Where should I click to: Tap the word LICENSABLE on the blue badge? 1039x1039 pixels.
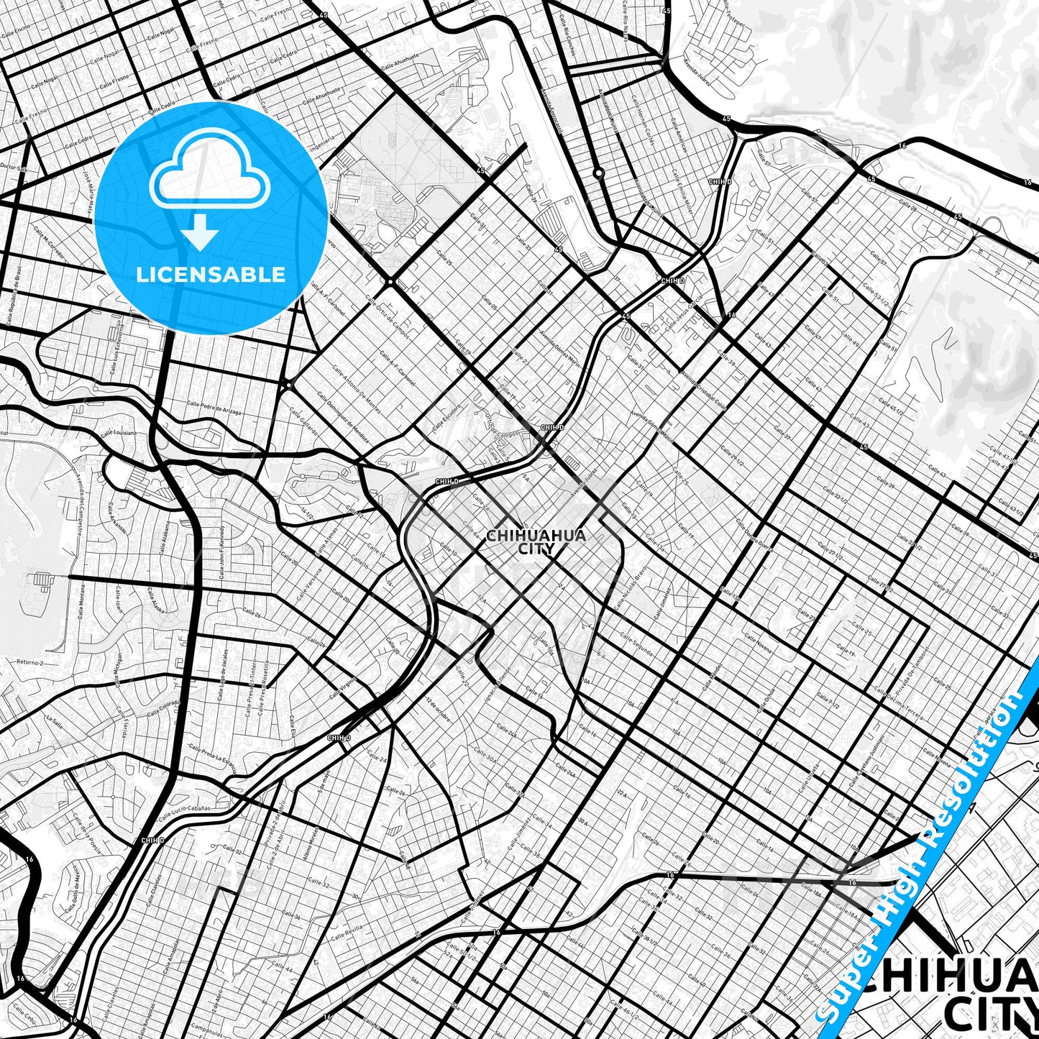(211, 275)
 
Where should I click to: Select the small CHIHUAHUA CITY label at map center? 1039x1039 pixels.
(536, 541)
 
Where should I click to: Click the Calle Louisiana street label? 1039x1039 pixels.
(119, 434)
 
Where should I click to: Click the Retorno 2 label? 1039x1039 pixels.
(30, 662)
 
